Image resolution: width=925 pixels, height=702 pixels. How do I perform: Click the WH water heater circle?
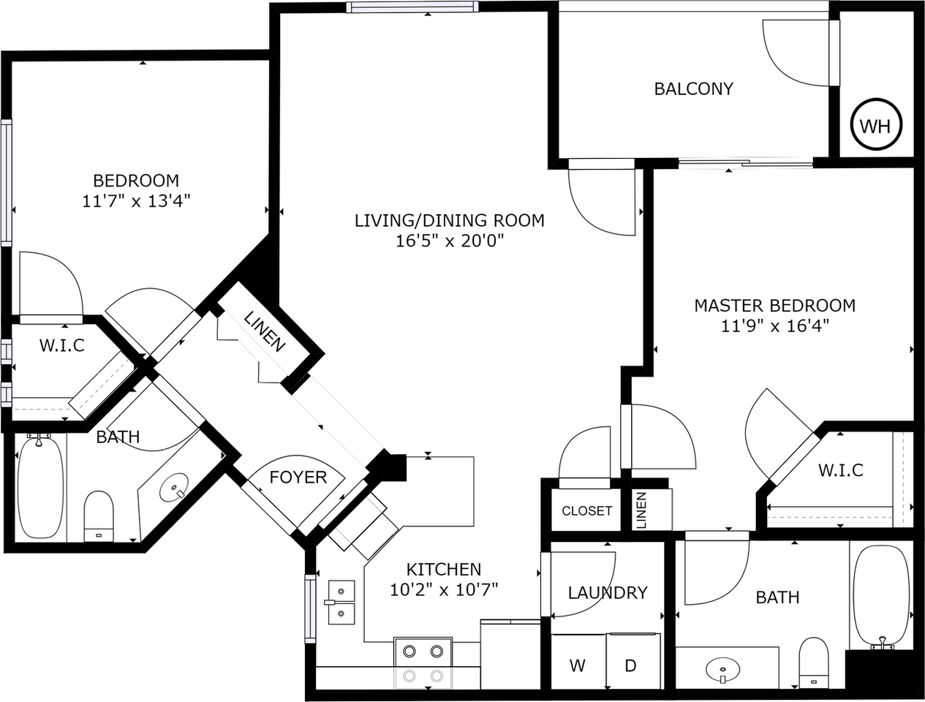[x=876, y=126]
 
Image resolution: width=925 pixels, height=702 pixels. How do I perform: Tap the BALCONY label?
[x=693, y=89]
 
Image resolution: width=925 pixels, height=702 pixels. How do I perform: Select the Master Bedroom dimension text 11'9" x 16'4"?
[x=774, y=325]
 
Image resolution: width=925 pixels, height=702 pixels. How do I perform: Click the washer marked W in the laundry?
[x=578, y=665]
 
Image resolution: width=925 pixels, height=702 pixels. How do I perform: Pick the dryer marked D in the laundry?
[x=630, y=665]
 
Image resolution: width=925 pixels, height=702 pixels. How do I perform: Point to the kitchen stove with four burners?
[x=423, y=662]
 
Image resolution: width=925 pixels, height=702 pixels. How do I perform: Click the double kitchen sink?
[x=341, y=603]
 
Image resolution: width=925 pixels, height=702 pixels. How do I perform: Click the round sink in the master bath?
[x=724, y=668]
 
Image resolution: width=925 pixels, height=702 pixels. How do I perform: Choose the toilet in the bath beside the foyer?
[x=99, y=515]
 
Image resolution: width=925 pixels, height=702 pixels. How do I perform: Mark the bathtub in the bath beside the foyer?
[x=40, y=487]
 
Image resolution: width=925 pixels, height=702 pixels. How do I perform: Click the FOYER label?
[x=298, y=478]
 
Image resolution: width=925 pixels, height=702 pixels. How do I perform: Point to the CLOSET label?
[x=586, y=510]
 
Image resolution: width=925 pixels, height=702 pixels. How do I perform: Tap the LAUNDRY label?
[x=608, y=592]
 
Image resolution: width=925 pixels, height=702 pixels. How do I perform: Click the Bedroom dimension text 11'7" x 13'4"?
[x=136, y=200]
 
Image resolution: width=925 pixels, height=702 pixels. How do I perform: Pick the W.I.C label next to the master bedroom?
[x=840, y=469]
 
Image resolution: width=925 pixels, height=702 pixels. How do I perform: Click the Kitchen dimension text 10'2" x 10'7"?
[x=443, y=589]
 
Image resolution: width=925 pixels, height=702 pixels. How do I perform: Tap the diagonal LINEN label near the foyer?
[x=264, y=332]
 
